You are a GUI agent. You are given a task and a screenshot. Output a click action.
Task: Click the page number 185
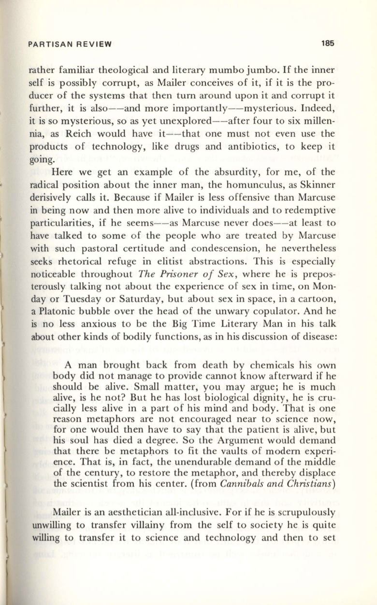(x=327, y=43)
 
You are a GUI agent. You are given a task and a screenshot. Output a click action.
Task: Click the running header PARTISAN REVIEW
(x=70, y=44)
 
